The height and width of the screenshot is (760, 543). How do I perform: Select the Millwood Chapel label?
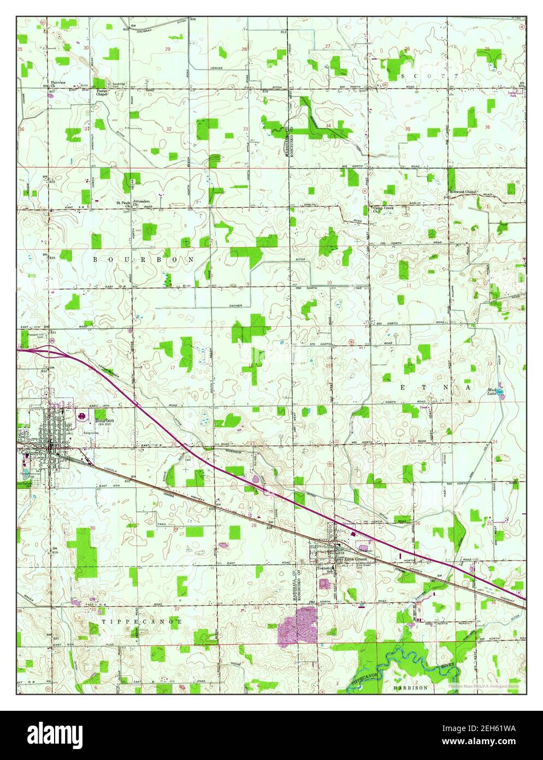click(x=463, y=192)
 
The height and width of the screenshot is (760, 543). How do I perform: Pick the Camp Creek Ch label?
click(x=382, y=209)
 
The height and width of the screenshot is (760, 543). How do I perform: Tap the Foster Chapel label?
click(x=102, y=92)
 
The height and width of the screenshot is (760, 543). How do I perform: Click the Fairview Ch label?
click(x=58, y=84)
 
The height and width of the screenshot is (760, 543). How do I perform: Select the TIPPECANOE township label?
click(x=141, y=622)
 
